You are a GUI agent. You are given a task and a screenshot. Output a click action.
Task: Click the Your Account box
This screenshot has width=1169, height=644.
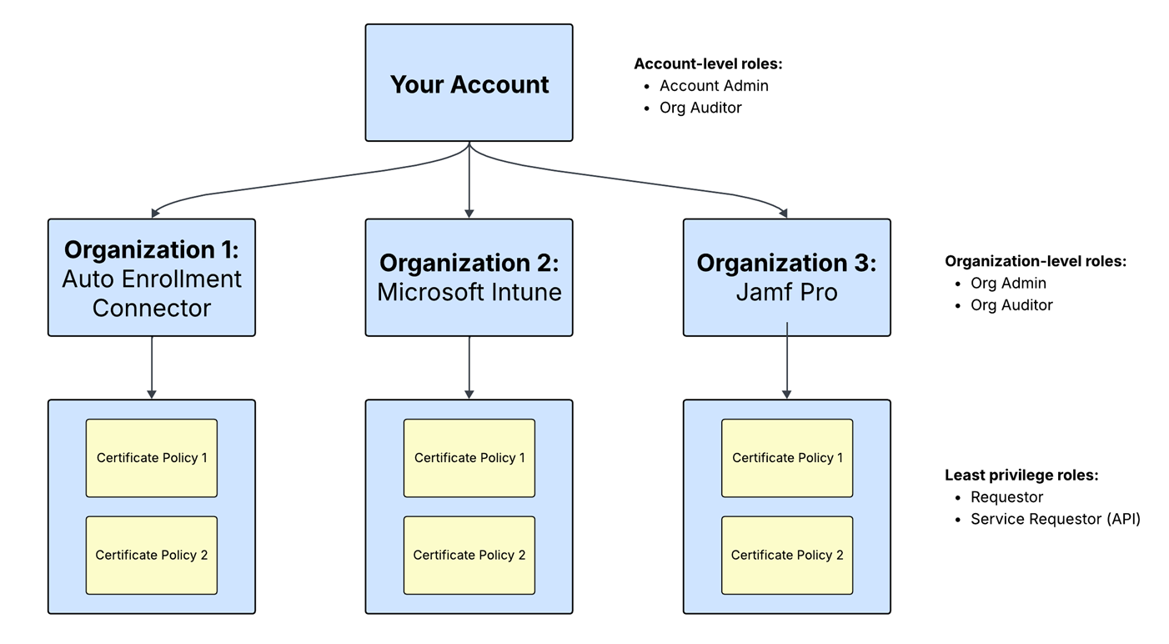click(x=469, y=83)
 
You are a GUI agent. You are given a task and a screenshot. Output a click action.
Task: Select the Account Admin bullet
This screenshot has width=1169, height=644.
click(x=714, y=86)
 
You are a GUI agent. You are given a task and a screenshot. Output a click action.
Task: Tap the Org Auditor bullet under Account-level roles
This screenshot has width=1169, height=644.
click(x=700, y=108)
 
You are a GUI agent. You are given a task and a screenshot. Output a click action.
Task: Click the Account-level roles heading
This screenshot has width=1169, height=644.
click(x=708, y=64)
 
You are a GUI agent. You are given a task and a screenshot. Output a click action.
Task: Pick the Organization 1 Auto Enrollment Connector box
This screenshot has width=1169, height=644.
click(x=152, y=278)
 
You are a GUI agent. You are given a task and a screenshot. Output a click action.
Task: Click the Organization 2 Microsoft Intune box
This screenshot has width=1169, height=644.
click(x=469, y=278)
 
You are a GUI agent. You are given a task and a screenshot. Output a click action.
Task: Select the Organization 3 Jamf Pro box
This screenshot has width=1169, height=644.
click(x=786, y=278)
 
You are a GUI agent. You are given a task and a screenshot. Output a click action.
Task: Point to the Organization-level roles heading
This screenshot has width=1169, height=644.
click(x=1035, y=261)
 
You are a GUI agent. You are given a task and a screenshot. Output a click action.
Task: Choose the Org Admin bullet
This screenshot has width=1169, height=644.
click(x=1008, y=284)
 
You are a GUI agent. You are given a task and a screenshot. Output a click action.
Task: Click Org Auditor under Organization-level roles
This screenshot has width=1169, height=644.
click(x=1011, y=305)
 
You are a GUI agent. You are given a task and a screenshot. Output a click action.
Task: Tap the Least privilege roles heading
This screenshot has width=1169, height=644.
click(x=1021, y=475)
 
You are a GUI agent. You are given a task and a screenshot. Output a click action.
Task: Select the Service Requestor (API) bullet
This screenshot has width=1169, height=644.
click(x=1055, y=519)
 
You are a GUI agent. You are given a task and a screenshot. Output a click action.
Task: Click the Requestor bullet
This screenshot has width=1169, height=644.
click(x=1006, y=497)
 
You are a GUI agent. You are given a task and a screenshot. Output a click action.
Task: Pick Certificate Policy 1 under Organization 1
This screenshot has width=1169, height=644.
click(x=152, y=458)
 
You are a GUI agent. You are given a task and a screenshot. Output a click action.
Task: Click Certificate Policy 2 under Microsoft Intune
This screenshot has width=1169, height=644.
click(x=469, y=555)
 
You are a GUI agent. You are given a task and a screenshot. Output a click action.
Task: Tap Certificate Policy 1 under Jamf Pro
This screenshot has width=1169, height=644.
click(x=787, y=458)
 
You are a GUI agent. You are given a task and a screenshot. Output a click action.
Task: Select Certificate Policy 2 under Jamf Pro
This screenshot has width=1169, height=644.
click(x=787, y=555)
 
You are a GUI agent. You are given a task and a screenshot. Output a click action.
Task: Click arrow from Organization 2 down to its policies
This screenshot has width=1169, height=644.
click(x=469, y=367)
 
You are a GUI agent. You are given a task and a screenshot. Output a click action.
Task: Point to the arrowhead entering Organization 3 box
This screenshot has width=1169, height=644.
click(x=784, y=214)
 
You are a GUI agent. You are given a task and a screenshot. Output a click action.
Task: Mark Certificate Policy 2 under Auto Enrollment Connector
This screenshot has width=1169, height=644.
click(x=152, y=555)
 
